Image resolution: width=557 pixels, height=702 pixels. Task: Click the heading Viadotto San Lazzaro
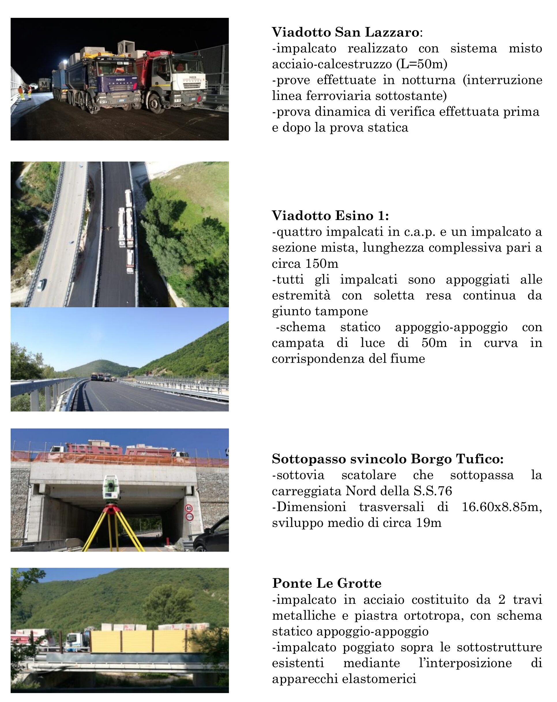345,32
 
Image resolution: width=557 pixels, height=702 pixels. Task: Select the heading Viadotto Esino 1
330,216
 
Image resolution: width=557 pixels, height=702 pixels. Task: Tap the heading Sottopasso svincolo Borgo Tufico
387,459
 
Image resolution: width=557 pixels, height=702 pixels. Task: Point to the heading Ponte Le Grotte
327,583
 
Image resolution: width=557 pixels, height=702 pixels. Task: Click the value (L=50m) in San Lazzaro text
422,64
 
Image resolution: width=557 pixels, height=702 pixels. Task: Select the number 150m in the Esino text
322,263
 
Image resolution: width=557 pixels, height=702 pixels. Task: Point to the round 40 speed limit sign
189,508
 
